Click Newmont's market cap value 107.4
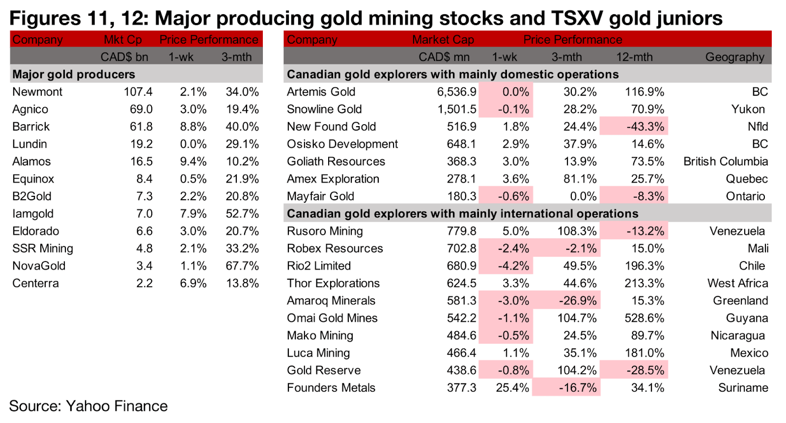pos(138,92)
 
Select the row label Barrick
pos(31,127)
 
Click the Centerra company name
pos(35,284)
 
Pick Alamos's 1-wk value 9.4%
pos(193,161)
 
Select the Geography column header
pos(734,57)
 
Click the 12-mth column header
pos(634,57)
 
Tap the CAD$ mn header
pos(444,57)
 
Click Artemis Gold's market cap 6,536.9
pos(456,92)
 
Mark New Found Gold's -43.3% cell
pos(645,127)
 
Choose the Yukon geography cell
pos(748,109)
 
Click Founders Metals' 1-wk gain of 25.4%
pos(512,388)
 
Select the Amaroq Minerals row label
pos(331,301)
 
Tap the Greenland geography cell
pos(740,301)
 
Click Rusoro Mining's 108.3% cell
pos(577,231)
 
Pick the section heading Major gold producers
pos(74,75)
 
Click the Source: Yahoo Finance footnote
pos(88,406)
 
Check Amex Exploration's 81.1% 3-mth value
pos(580,179)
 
